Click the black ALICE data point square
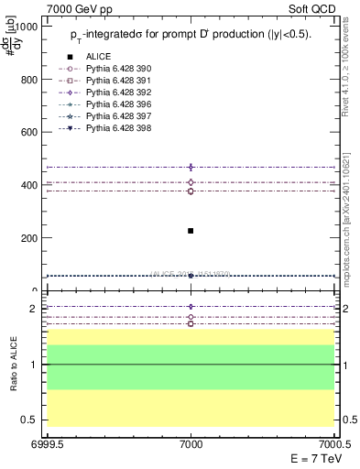point(191,231)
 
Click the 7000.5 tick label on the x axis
point(333,442)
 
